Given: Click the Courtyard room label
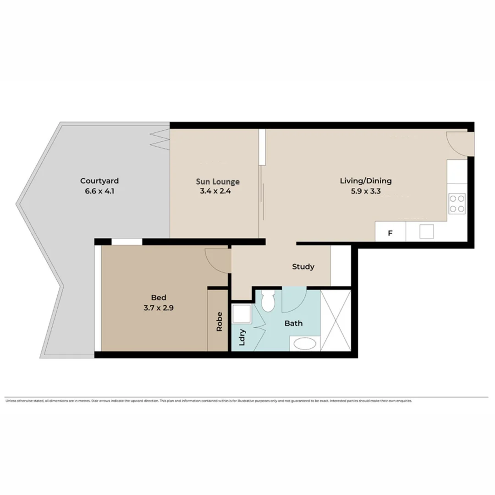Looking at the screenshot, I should tap(99, 181).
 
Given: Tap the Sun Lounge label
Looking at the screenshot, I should tap(218, 181).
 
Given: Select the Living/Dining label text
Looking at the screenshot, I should tap(365, 181).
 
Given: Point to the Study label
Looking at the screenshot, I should tap(303, 266).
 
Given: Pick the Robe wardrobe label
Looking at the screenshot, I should tap(219, 322).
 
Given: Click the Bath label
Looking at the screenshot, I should tap(293, 323).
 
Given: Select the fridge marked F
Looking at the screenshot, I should tap(390, 233).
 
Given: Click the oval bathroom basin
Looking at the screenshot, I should tap(304, 344).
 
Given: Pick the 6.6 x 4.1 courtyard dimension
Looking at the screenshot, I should tap(99, 191).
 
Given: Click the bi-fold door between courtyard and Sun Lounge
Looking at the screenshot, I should tap(160, 138).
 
